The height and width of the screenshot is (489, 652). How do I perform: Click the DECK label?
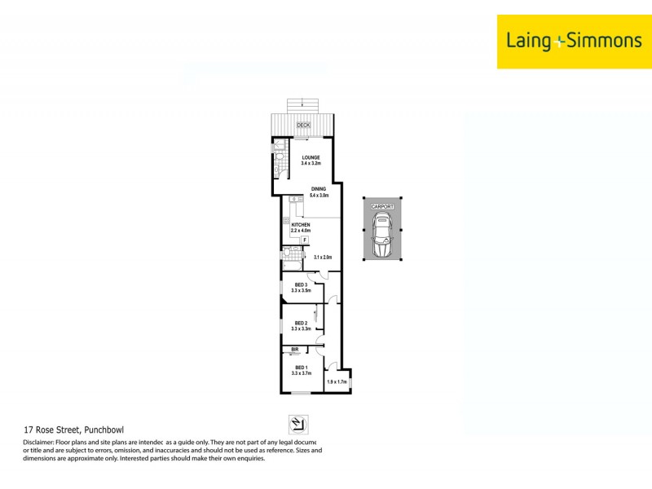[303, 125]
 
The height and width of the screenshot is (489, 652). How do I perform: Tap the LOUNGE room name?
[311, 157]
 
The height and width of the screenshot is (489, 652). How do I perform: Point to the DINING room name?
[318, 189]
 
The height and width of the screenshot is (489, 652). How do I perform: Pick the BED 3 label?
[301, 284]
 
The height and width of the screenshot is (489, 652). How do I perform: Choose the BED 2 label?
[301, 323]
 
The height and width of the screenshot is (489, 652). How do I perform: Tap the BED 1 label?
[301, 368]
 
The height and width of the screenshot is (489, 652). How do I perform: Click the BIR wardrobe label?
[294, 350]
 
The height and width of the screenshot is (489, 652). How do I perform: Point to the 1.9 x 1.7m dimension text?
[337, 381]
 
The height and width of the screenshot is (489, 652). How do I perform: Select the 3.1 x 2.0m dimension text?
[324, 258]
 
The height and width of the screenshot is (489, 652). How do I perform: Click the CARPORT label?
[382, 208]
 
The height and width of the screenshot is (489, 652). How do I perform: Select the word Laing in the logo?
[530, 41]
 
